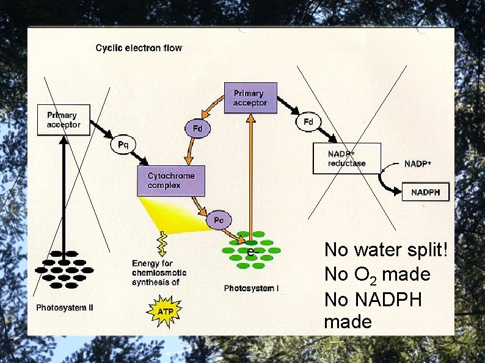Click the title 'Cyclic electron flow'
point(139,48)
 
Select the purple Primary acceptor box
point(250,98)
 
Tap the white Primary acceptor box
point(64,120)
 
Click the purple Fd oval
point(197,129)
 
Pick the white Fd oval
point(308,122)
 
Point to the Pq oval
point(123,145)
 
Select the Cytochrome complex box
point(171,181)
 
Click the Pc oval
point(218,220)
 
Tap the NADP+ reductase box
point(347,159)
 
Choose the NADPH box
point(426,192)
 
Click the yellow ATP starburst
point(163,311)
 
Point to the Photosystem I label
point(251,288)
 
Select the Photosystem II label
point(65,307)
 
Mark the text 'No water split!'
point(386,250)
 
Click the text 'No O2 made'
point(377,275)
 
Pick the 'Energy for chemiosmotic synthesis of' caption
point(159,273)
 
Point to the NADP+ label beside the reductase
point(418,164)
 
